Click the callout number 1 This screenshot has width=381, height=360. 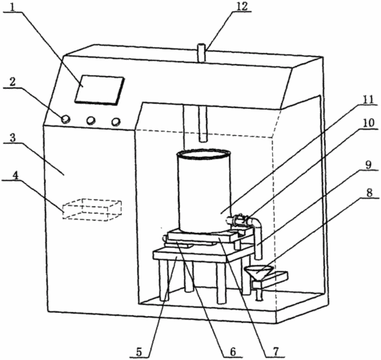coord(14,7)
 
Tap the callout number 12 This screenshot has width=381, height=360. coord(242,7)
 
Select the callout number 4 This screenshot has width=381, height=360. coord(16,175)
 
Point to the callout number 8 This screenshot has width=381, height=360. coord(369,193)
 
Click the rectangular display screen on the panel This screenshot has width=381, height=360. coord(99,90)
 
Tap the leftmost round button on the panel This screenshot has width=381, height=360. coord(66,119)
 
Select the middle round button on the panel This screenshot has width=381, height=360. coord(90,121)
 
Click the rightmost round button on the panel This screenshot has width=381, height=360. coord(116,122)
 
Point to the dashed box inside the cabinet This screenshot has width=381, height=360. coord(92,210)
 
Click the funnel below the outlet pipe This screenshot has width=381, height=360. coord(258,273)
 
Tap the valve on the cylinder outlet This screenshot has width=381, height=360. coord(239,220)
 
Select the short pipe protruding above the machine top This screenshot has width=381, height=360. coord(202,53)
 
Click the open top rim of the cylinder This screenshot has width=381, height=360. coord(203,155)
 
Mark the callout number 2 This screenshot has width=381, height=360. coord(12,82)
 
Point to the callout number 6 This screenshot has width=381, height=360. coord(233,352)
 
